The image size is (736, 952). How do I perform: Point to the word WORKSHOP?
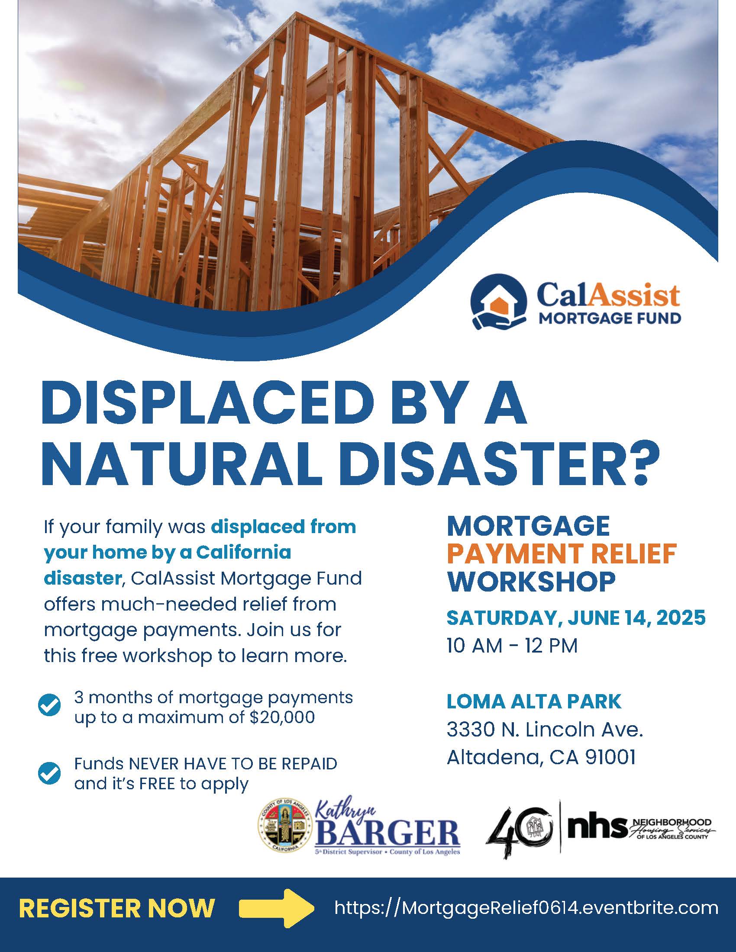tap(531, 581)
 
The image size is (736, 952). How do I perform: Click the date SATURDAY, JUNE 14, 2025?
tap(576, 618)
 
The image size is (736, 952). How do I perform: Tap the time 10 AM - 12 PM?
tap(512, 646)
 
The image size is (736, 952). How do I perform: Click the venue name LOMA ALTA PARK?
tap(534, 701)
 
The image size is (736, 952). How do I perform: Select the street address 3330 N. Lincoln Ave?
tap(545, 729)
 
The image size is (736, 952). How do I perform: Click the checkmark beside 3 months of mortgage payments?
tap(49, 705)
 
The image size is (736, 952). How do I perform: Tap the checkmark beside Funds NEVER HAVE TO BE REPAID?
tap(49, 773)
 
